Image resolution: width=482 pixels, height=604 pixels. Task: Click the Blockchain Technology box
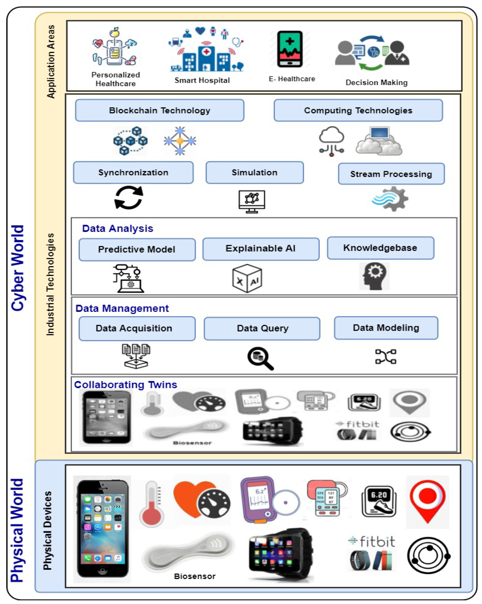coord(160,110)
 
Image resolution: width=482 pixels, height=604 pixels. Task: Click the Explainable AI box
coord(261,249)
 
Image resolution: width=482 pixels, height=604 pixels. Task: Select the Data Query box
coord(262,328)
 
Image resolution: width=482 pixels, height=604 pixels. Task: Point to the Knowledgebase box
coord(380,248)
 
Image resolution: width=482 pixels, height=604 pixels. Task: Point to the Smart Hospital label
coord(202,80)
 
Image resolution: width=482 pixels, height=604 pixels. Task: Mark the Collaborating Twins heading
coord(126,385)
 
